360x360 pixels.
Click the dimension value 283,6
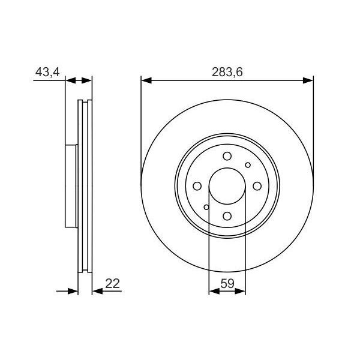227,73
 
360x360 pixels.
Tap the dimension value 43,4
47,73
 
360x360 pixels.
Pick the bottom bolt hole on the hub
227,217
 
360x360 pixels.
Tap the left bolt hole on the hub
197,186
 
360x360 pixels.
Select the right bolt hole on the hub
257,186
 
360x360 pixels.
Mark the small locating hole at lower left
207,208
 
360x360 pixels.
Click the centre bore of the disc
227,186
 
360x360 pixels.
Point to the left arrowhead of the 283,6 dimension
145,80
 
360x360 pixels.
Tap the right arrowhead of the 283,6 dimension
310,80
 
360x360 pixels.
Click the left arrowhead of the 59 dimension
212,292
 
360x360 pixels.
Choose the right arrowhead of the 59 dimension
242,292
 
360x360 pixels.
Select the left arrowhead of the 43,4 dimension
68,80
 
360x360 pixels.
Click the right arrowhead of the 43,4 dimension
89,80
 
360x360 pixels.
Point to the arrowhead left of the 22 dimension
74,292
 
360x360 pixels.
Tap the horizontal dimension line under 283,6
227,80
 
